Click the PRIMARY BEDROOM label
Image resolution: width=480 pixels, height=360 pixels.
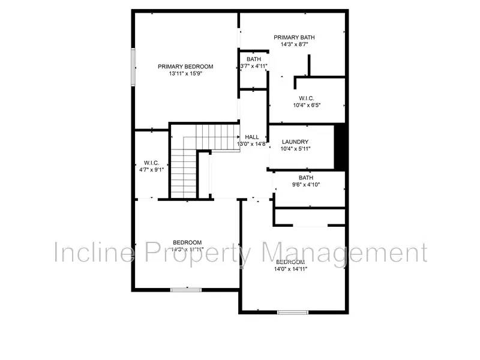[185, 67]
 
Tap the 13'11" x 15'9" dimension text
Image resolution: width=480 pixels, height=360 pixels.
[185, 74]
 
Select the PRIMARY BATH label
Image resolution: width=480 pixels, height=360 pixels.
[294, 37]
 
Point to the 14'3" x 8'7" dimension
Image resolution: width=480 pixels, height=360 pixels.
[294, 44]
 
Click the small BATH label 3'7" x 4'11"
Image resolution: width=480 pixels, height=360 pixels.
[253, 59]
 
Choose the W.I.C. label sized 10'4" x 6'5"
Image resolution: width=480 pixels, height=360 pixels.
[307, 98]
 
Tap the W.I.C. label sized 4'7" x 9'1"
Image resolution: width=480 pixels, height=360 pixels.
[150, 163]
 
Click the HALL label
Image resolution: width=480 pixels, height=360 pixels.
[252, 137]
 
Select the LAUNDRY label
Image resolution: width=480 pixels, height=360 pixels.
[295, 142]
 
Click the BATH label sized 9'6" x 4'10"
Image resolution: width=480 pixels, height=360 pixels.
[306, 178]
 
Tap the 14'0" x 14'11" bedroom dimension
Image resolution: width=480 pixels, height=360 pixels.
[291, 269]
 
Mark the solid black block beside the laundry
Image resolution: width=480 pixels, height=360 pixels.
[340, 147]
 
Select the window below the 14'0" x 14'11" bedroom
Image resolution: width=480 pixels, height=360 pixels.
[293, 312]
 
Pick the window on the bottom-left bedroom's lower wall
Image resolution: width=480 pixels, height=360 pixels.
[187, 290]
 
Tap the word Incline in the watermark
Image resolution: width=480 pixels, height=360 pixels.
[93, 253]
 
